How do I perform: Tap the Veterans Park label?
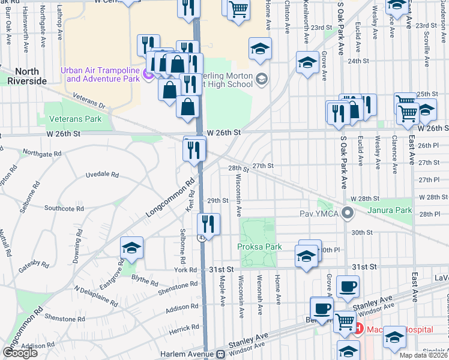[76, 119]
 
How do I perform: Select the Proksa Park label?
[259, 247]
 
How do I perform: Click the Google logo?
[20, 352]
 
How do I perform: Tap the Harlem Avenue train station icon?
[220, 355]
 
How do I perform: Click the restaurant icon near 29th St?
[208, 225]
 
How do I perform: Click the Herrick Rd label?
[184, 327]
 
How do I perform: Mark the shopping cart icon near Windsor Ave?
[344, 322]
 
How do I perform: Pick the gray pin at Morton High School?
[261, 79]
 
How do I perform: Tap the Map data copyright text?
[423, 355]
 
